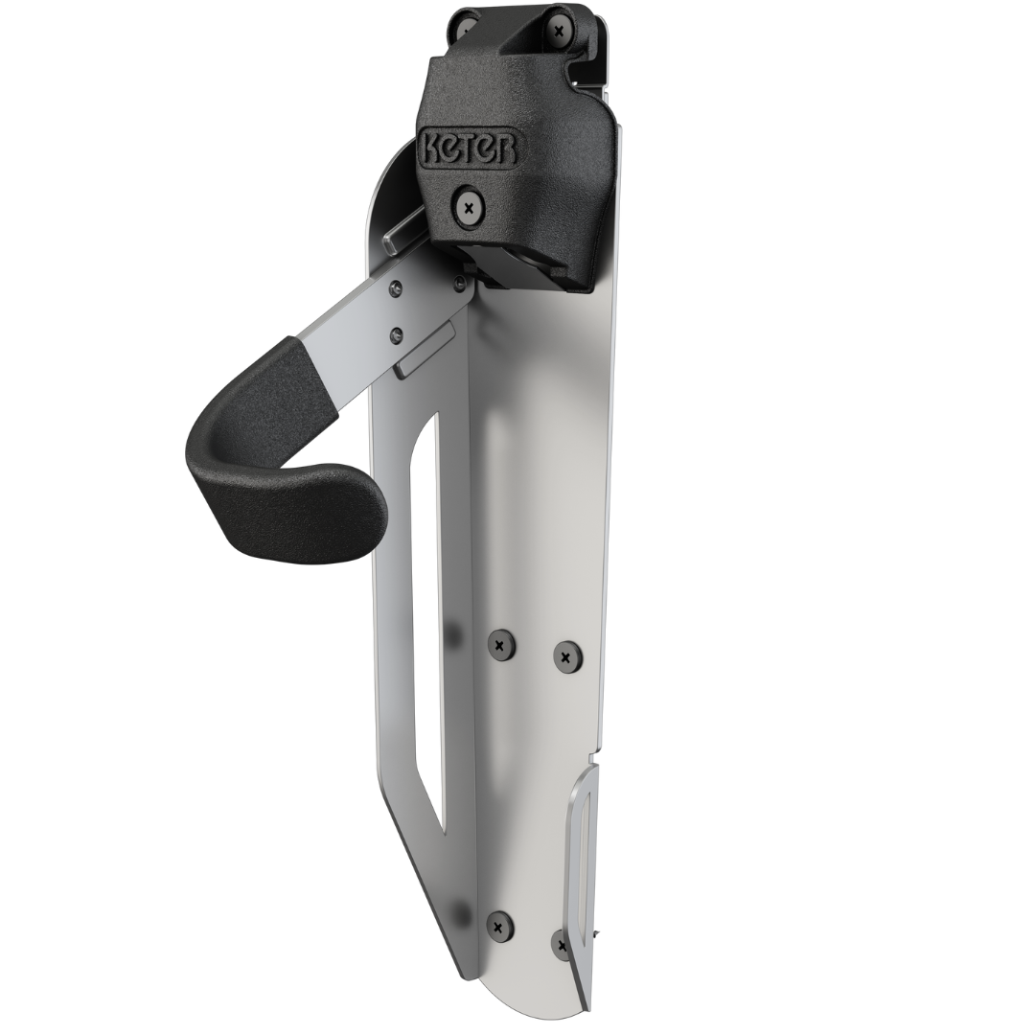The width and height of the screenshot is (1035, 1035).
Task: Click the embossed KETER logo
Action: (468, 148)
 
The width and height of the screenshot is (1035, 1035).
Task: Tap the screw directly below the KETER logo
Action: (470, 208)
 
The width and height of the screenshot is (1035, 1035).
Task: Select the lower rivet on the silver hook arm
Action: (396, 334)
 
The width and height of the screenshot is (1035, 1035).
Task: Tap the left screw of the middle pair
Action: (501, 644)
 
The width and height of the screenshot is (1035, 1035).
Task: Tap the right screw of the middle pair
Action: (565, 656)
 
